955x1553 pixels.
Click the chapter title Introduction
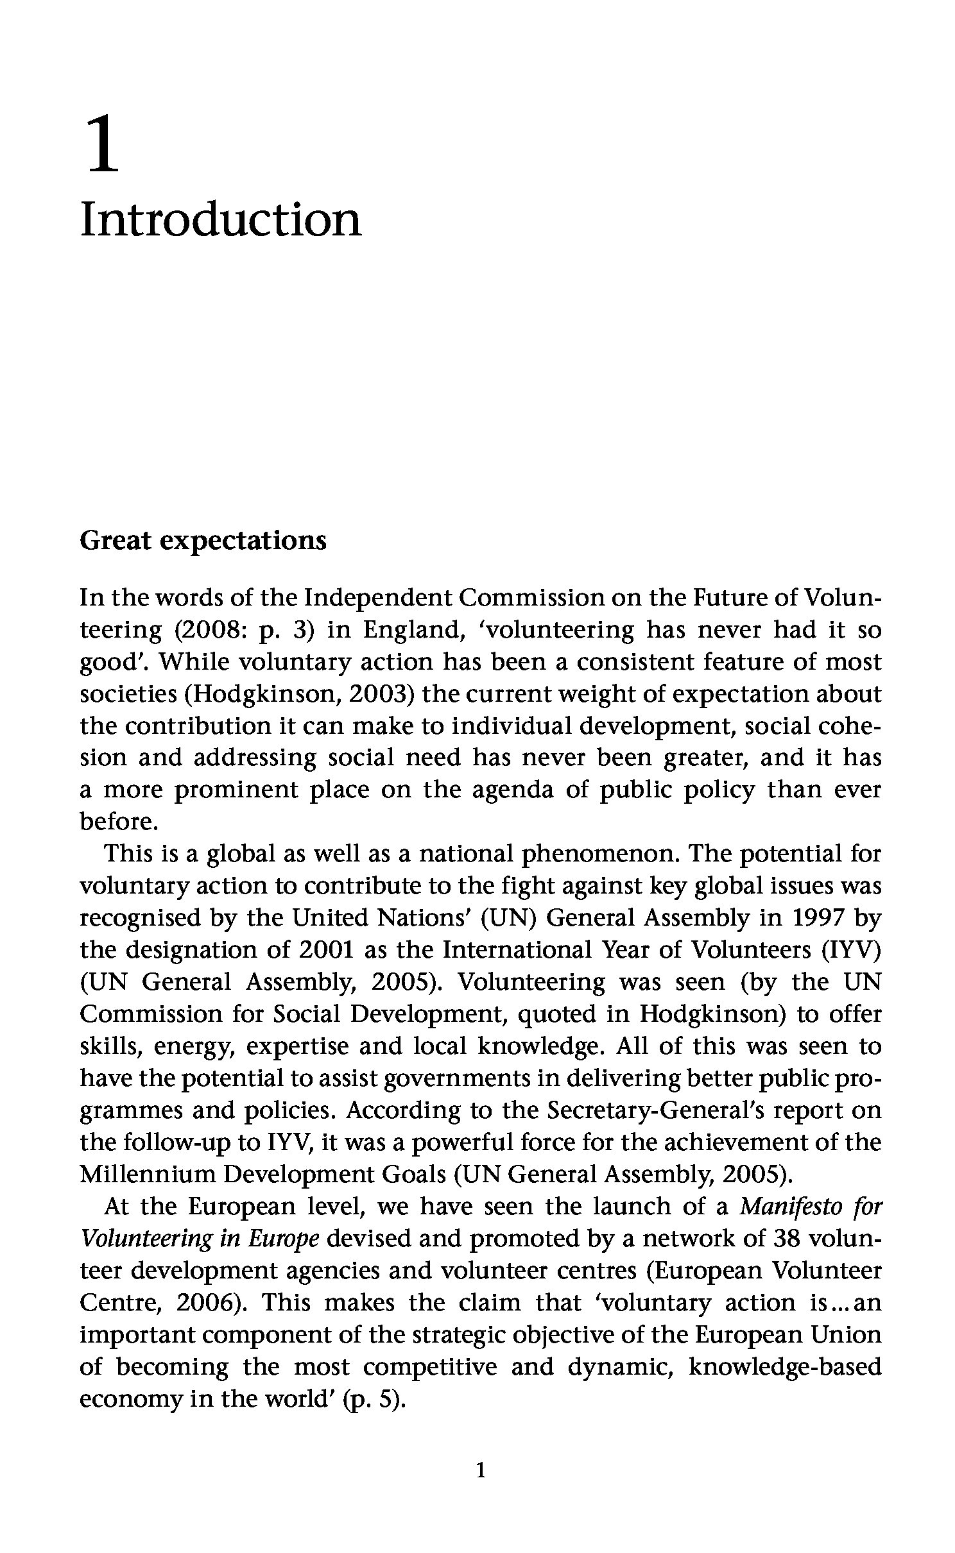(x=221, y=219)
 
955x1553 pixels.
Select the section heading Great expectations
(x=203, y=541)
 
